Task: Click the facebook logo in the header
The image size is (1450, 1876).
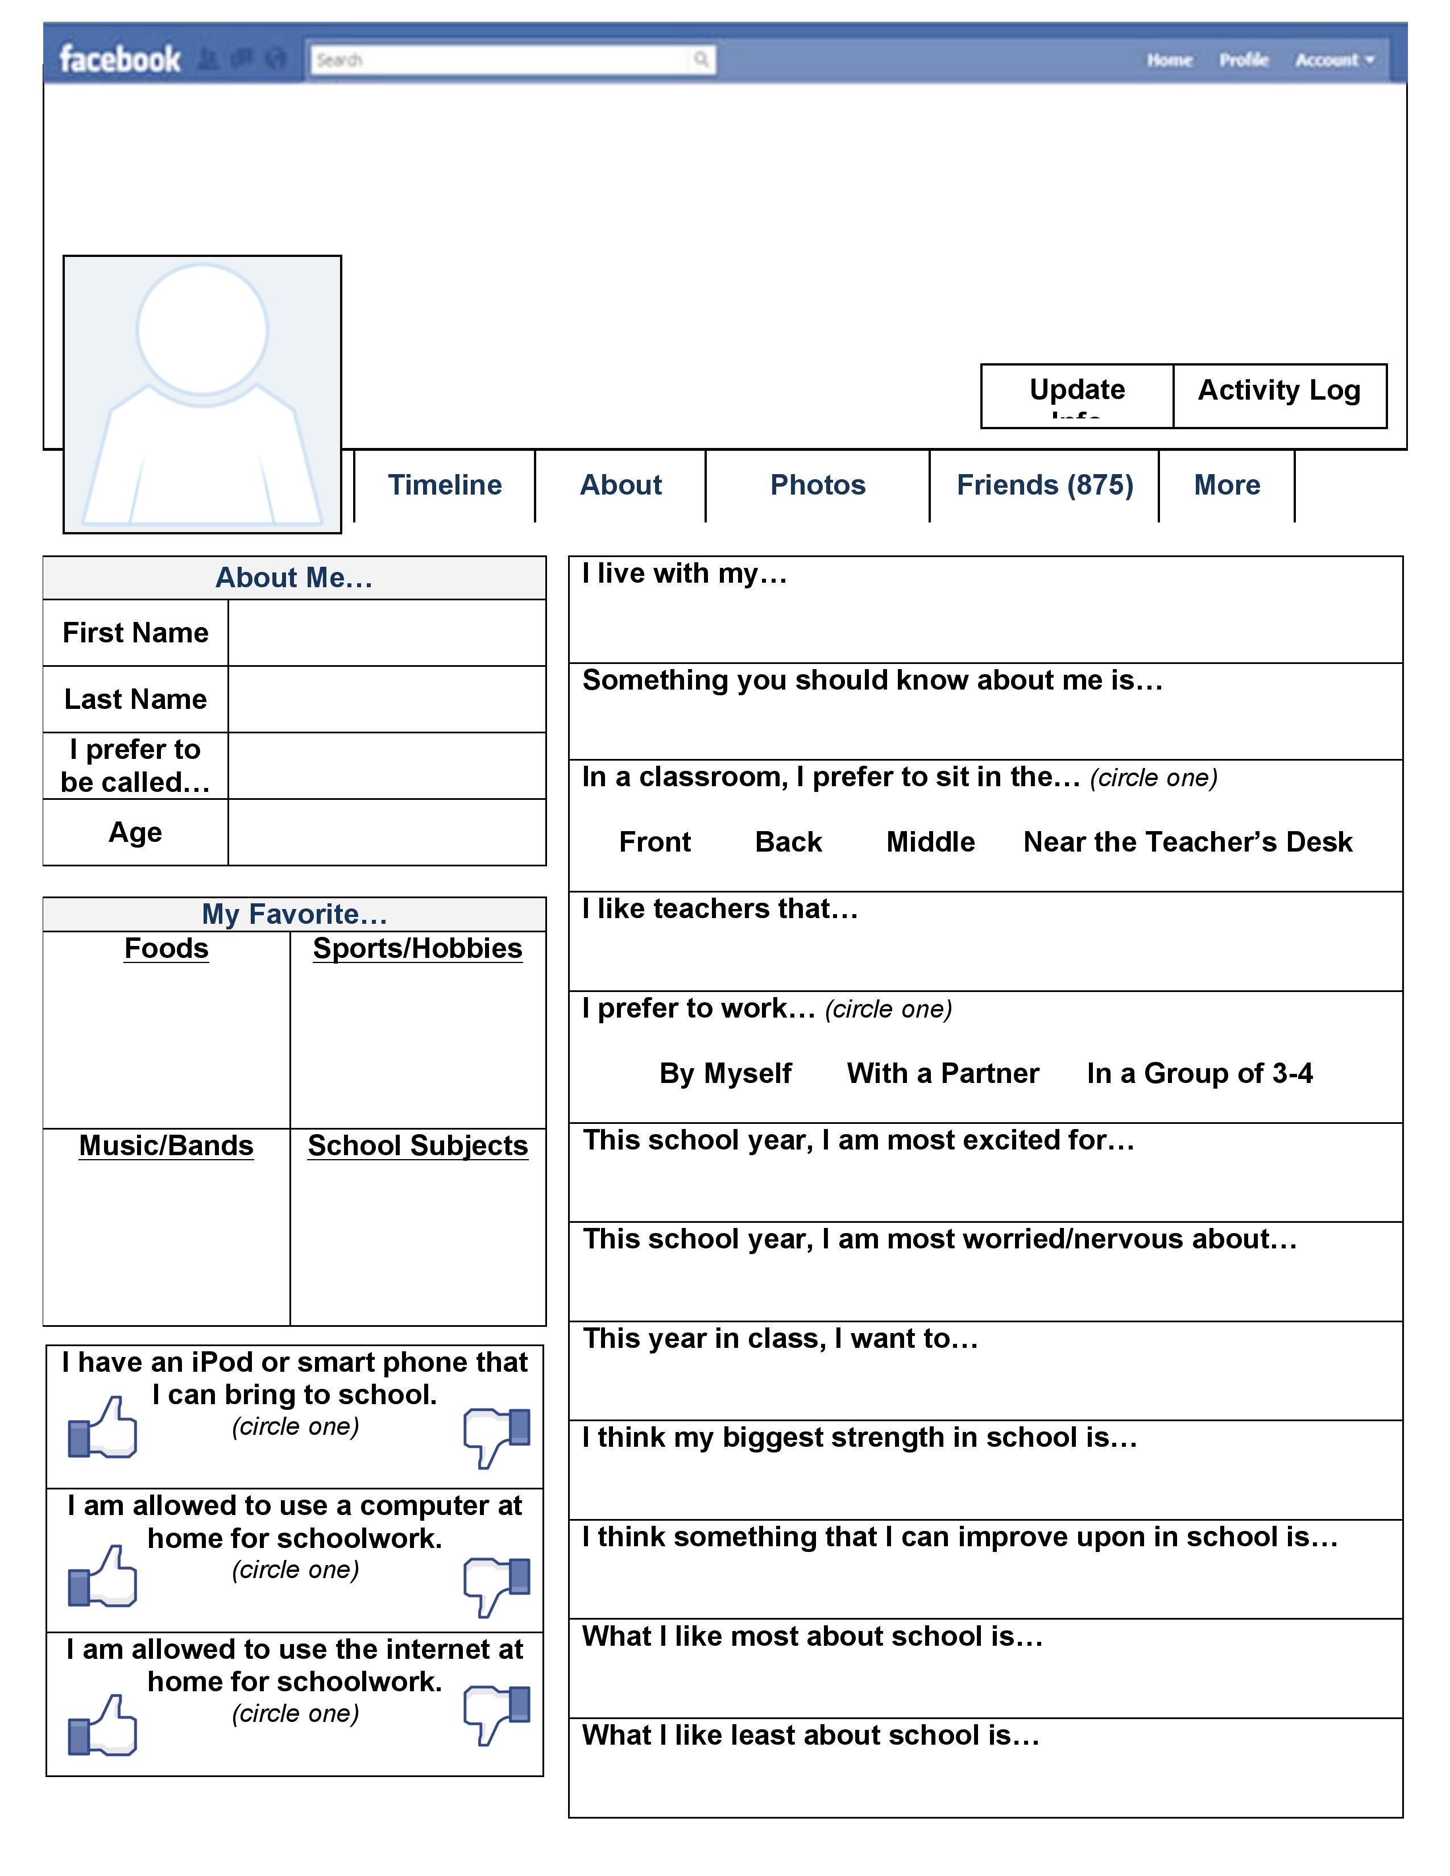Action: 119,59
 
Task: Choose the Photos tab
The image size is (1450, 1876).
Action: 817,485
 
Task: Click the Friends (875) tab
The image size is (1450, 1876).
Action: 1045,485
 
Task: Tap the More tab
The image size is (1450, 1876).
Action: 1227,485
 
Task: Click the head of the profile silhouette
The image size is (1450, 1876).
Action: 203,329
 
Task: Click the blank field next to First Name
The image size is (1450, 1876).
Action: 387,633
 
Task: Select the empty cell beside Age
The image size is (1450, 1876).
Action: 387,832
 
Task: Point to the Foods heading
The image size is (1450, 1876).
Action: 167,948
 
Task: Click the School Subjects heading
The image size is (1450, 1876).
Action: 417,1146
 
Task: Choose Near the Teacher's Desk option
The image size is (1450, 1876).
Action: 1187,842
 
